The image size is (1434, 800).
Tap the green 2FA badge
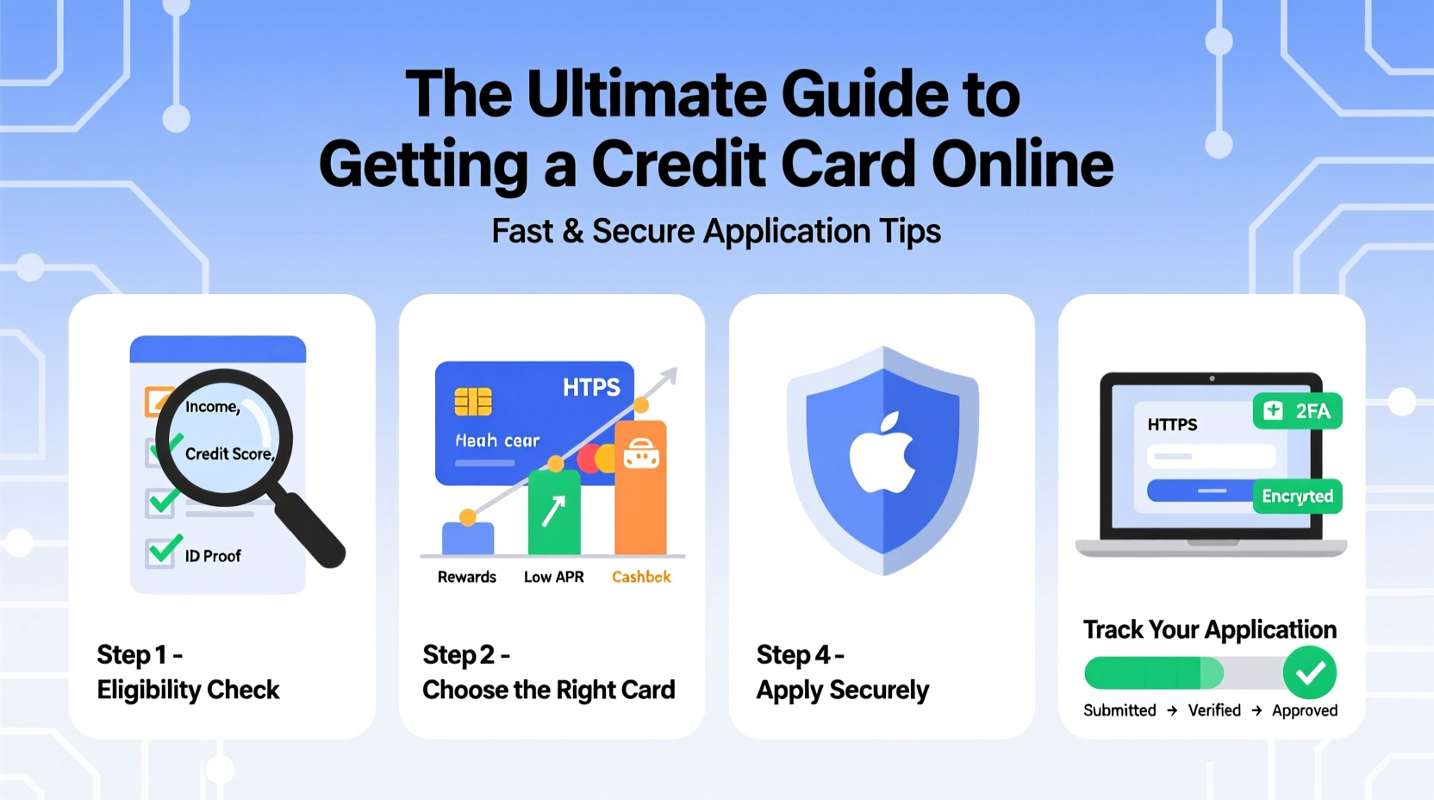tap(1297, 411)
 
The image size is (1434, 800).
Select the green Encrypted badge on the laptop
tap(1297, 497)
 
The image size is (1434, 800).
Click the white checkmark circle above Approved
tap(1309, 672)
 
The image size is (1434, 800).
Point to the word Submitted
tap(1119, 710)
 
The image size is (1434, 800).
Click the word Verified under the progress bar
tap(1214, 710)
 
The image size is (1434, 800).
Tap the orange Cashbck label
tap(641, 577)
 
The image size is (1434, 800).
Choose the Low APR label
tap(553, 577)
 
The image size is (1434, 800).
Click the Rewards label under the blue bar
tap(466, 577)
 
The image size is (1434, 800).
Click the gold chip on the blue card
tap(473, 402)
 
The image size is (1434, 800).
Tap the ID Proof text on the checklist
tap(213, 556)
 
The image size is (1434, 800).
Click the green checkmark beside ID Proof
tap(163, 550)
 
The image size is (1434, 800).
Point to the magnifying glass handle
tap(310, 530)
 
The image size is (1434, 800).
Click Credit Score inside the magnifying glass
tap(229, 453)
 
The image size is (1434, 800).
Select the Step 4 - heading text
tap(800, 655)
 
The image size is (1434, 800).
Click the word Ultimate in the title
tap(646, 94)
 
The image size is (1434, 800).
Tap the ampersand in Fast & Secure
tap(572, 231)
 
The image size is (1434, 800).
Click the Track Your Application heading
tap(1209, 629)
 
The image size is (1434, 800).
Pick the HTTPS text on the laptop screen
tap(1172, 424)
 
